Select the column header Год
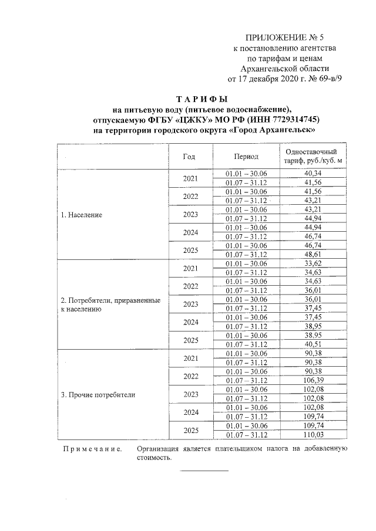pyautogui.click(x=189, y=156)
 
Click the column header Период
pyautogui.click(x=246, y=156)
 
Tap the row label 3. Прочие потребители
pyautogui.click(x=98, y=395)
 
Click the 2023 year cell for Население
pyautogui.click(x=190, y=215)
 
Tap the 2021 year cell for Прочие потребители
pyautogui.click(x=190, y=358)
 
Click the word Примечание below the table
pyautogui.click(x=92, y=449)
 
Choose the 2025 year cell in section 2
pyautogui.click(x=190, y=340)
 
